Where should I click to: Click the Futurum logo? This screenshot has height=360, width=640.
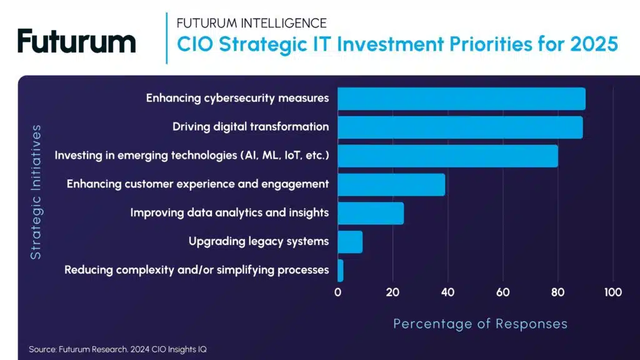pos(76,41)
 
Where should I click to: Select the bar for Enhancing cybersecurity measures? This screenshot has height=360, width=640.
pos(461,99)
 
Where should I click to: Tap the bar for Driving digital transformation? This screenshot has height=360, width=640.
pos(460,127)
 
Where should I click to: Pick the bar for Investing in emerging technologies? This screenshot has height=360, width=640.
pos(447,156)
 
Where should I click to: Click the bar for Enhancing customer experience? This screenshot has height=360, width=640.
pos(391,184)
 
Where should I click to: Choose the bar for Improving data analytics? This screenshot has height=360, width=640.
pos(371,213)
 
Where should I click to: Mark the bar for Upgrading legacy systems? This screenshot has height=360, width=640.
pos(350,242)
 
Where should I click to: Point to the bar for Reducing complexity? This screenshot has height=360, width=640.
pos(341,270)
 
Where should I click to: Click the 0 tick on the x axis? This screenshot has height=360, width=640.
pos(338,292)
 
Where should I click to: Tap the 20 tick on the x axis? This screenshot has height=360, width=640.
pos(392,292)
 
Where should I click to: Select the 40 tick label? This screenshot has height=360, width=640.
pos(447,292)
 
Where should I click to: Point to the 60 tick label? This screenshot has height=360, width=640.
pos(502,292)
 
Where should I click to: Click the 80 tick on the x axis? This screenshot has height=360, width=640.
pos(557,292)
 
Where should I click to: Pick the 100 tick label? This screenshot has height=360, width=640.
pos(612,292)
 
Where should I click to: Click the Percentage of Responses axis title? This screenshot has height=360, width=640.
pos(480,324)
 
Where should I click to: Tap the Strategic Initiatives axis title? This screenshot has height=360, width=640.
pos(36,192)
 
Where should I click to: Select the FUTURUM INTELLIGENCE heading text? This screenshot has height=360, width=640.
pos(251,23)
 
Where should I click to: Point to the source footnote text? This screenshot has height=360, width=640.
pos(117,349)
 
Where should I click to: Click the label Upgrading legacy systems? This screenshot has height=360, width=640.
pos(258,241)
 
